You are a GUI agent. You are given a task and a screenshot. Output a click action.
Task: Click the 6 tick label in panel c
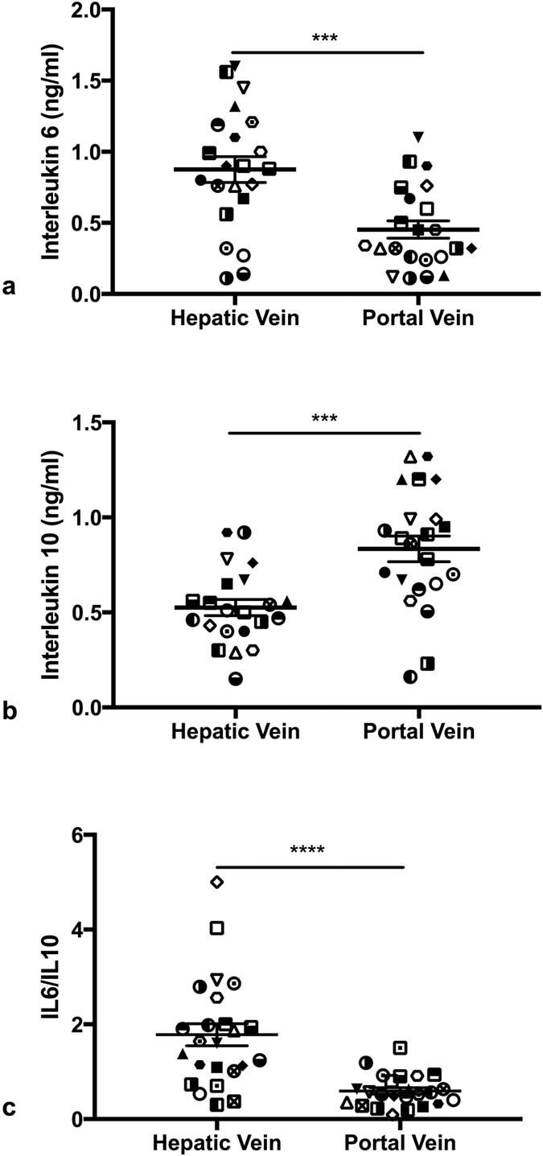click(x=90, y=834)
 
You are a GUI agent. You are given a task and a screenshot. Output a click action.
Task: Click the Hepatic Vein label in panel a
click(x=235, y=318)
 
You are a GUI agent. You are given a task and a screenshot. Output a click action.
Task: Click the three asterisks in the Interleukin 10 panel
click(x=324, y=418)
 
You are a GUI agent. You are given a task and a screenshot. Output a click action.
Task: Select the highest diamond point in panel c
click(x=216, y=882)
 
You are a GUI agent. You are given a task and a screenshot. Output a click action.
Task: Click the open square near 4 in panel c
click(x=216, y=928)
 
